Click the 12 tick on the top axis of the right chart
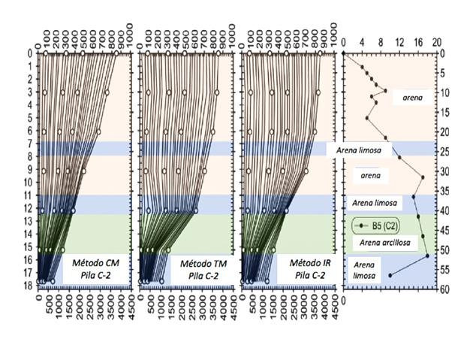[400, 44]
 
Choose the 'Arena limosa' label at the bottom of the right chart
[366, 270]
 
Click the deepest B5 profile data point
[390, 275]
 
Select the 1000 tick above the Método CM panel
[131, 31]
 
